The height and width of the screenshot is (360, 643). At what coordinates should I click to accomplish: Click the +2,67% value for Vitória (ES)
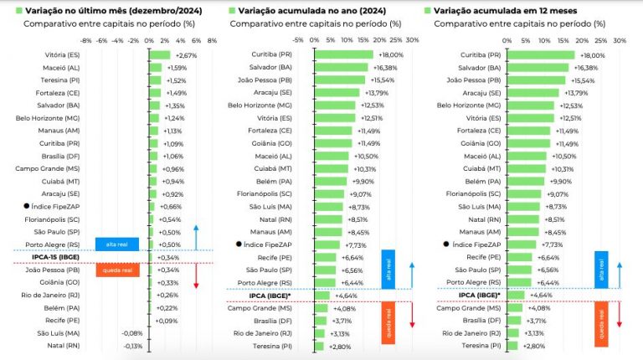click(185, 55)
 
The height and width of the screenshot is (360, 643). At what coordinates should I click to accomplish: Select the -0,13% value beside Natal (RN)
click(132, 345)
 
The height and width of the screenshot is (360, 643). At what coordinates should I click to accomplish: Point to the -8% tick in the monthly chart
click(85, 39)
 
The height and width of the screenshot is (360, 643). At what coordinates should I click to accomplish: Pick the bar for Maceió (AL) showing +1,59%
click(157, 68)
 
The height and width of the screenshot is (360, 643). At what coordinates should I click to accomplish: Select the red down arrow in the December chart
click(195, 275)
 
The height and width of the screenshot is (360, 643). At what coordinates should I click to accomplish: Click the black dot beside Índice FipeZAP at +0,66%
click(26, 206)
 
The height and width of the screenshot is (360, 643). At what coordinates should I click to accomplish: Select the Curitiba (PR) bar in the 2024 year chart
click(343, 55)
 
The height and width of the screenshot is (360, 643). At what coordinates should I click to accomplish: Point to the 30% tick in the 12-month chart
click(619, 39)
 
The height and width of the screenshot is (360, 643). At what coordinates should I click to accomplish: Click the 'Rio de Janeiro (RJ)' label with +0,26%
click(52, 295)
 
